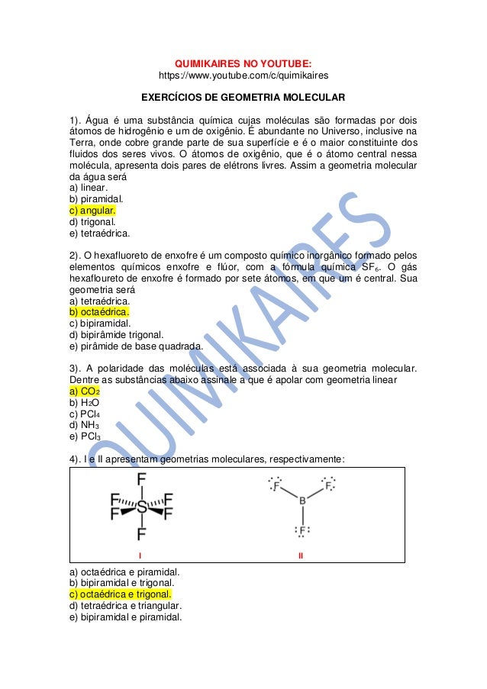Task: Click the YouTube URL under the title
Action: click(x=243, y=76)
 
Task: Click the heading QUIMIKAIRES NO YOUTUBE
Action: click(x=243, y=63)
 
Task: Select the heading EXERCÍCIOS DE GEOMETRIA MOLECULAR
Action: click(x=243, y=98)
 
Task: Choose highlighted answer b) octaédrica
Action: click(x=98, y=311)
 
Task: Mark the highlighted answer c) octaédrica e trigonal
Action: click(x=120, y=594)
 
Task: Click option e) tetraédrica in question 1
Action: click(x=99, y=233)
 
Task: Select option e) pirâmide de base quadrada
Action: click(x=136, y=346)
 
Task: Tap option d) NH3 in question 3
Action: click(x=85, y=424)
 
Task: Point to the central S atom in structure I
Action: click(x=142, y=507)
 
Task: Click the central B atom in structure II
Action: click(x=302, y=501)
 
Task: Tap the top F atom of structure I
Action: click(x=142, y=480)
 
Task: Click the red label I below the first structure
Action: click(x=140, y=555)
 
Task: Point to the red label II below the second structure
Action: click(x=302, y=555)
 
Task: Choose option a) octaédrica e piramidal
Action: click(x=124, y=571)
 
